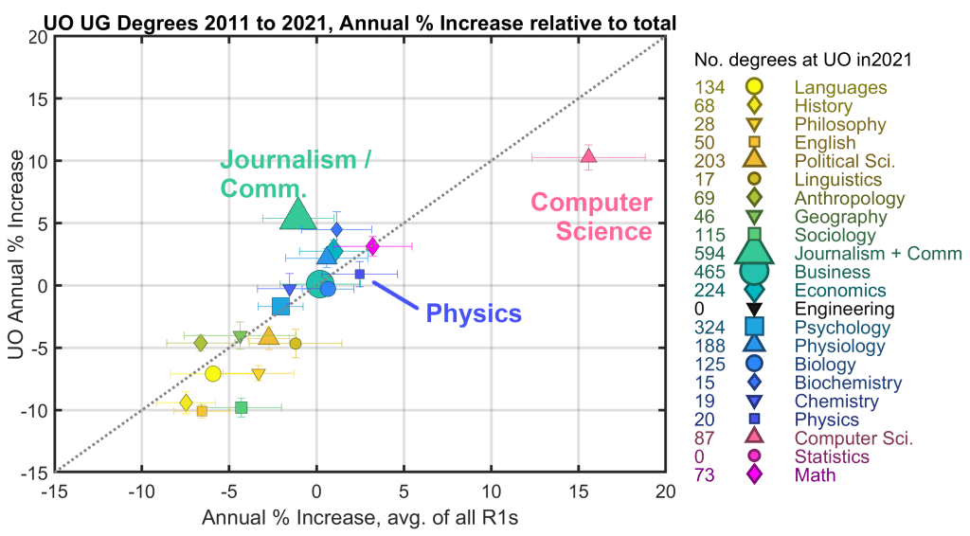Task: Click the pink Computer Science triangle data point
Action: pos(588,155)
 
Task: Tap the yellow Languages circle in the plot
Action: pos(213,373)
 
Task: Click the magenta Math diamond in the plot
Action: pos(372,246)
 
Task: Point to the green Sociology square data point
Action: pos(241,407)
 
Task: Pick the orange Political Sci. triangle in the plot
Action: pos(269,336)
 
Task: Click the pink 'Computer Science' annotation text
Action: pos(591,217)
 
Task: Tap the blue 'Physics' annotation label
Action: pos(474,313)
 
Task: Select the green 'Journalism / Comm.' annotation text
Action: pos(295,172)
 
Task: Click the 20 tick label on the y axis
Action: pos(38,37)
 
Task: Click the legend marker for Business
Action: pos(754,272)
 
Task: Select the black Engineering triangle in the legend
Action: pos(754,309)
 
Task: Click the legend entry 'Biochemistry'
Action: pos(848,383)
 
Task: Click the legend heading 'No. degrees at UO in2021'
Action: pos(802,61)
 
